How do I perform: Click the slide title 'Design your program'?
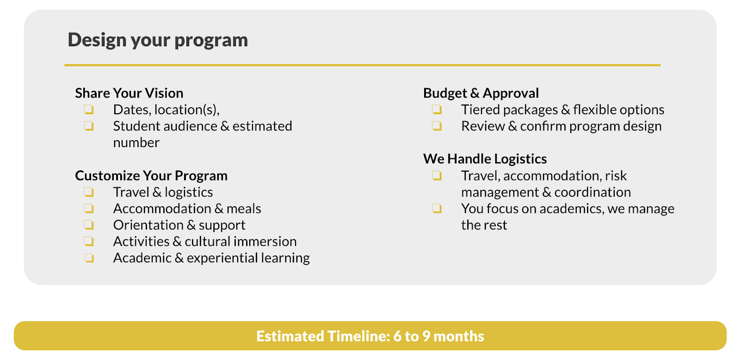[158, 40]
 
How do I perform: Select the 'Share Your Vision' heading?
[129, 93]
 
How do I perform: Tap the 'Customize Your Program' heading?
[151, 175]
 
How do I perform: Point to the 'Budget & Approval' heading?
[481, 93]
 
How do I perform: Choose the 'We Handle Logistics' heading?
[485, 159]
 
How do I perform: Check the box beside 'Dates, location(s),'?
[88, 109]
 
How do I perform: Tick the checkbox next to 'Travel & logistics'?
[88, 192]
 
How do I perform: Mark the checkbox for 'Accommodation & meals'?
[88, 209]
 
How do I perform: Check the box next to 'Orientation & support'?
[88, 225]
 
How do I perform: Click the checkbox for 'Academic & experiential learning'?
[88, 258]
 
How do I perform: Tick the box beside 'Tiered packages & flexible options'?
[437, 109]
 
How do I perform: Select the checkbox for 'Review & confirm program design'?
[437, 126]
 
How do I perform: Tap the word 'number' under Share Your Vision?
[136, 143]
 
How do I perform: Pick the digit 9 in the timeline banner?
[426, 336]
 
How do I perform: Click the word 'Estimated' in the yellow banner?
[290, 336]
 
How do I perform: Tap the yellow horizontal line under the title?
[363, 65]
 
